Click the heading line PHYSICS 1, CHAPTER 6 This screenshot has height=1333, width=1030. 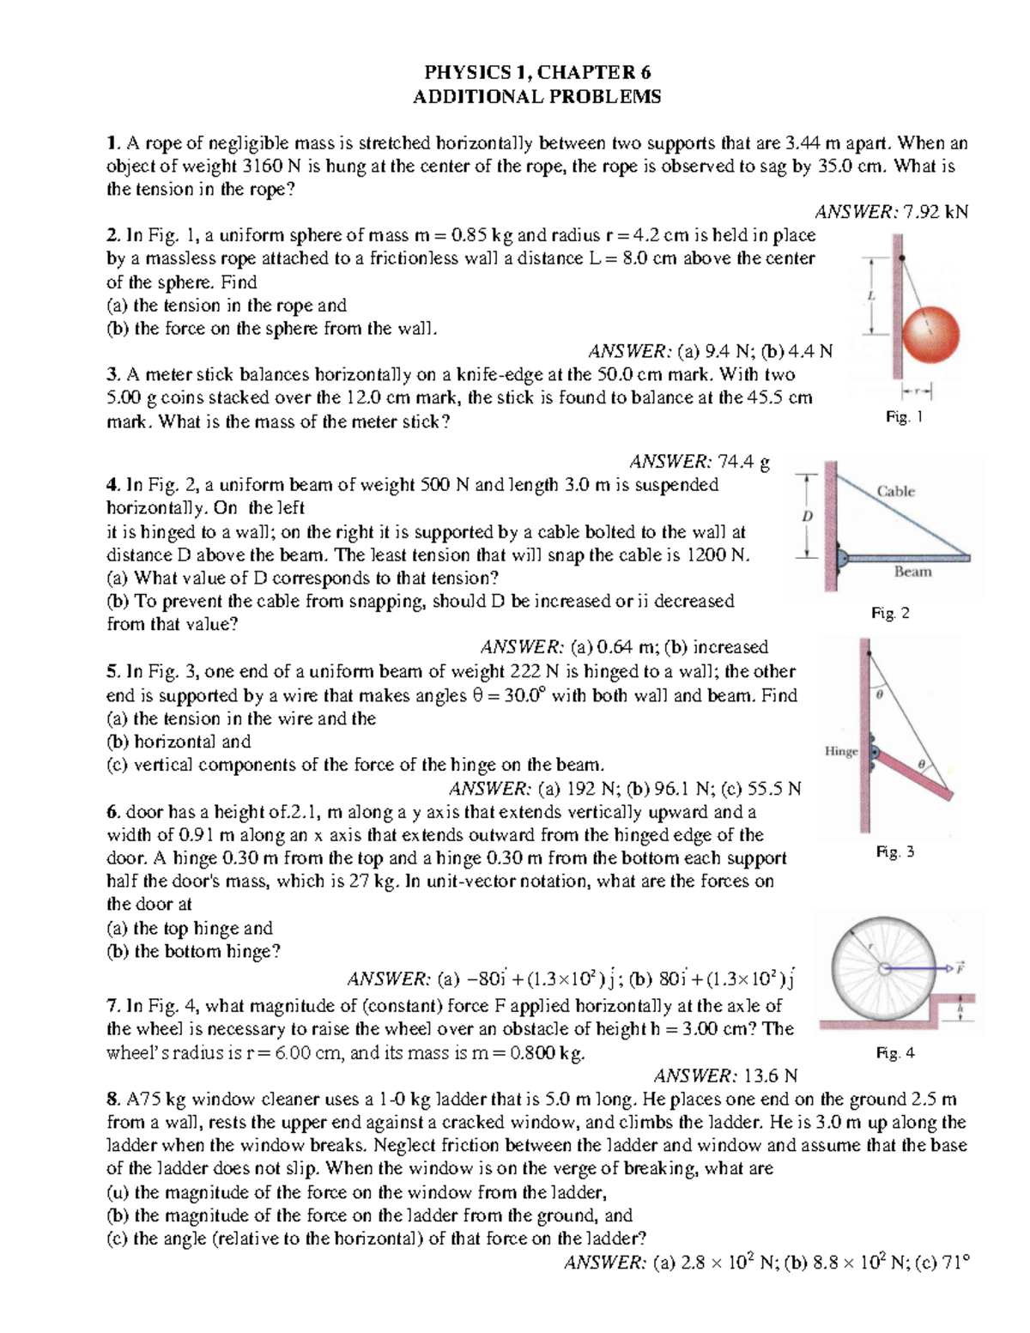[536, 72]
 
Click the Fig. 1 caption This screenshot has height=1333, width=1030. [904, 417]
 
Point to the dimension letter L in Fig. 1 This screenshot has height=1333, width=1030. [870, 295]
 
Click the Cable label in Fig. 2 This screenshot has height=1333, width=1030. [895, 491]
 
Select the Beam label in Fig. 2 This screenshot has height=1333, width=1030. [912, 572]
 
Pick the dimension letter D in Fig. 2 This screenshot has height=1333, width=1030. [806, 516]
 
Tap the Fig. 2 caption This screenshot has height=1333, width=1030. [890, 613]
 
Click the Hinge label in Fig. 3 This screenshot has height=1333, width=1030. [841, 751]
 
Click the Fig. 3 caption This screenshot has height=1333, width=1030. [894, 851]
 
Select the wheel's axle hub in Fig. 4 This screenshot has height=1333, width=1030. [883, 969]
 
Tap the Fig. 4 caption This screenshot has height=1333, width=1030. [894, 1053]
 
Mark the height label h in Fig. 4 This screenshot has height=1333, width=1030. [960, 1009]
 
